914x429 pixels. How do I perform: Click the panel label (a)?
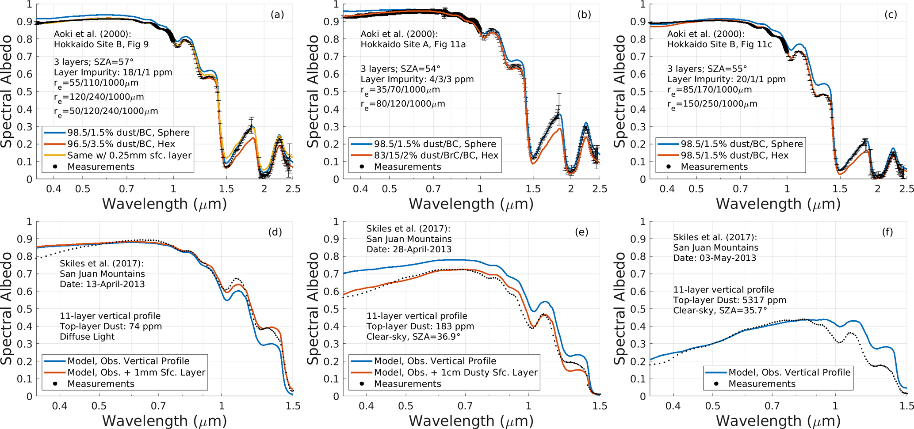coord(277,15)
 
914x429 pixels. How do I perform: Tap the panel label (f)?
coord(887,232)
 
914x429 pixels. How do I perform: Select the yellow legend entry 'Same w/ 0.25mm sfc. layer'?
coord(129,156)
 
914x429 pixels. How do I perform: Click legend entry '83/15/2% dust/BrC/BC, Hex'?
coord(436,156)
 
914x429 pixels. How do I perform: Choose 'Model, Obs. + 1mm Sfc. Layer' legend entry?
coord(136,372)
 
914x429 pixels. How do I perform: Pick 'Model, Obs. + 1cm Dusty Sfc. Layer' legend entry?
coord(455,372)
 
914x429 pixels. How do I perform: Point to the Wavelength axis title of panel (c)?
coord(778,204)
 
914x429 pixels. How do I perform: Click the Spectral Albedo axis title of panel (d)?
coord(6,308)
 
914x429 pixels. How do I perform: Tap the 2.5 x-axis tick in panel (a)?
coord(293,189)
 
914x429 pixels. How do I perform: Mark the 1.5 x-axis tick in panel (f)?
coord(906,406)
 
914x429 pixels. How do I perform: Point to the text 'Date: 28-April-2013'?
coord(409,250)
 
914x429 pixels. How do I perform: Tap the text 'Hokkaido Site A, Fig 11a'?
coord(413,44)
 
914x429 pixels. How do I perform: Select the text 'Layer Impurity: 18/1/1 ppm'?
coord(113,72)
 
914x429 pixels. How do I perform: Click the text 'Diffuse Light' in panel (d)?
coord(87,337)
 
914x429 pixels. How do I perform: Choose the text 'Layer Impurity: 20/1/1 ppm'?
coord(727,80)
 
